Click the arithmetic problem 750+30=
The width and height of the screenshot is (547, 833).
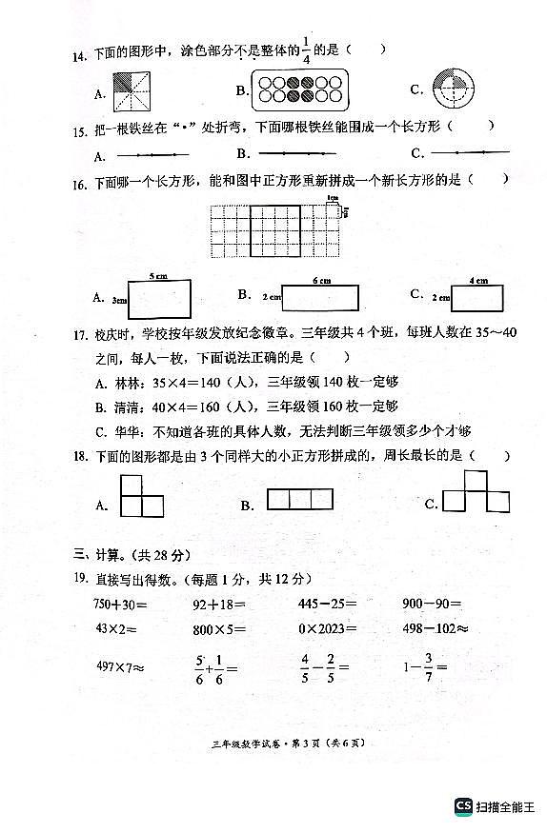pos(121,604)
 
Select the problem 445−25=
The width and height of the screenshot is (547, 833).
pos(324,604)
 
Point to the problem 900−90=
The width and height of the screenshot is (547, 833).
pos(431,604)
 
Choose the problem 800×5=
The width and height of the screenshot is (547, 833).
pos(218,629)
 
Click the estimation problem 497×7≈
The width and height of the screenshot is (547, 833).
pos(119,666)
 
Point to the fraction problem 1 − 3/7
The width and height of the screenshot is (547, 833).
pos(424,666)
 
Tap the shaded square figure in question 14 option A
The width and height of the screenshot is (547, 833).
pos(132,91)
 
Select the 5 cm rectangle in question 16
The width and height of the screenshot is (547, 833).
pos(157,299)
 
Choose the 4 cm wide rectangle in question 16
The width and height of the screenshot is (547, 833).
pos(479,297)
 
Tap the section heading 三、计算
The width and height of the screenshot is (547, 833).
pos(106,554)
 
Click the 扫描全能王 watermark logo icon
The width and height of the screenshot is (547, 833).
pos(463,805)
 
